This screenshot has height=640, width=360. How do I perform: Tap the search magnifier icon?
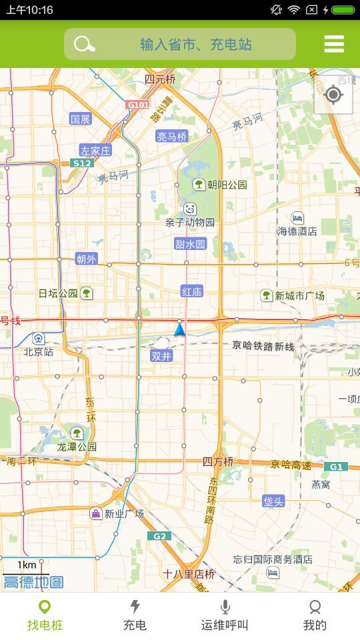84,45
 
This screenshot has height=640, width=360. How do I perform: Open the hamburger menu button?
334,44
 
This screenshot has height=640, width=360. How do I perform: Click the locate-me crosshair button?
333,95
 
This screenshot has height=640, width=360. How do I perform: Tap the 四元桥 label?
160,79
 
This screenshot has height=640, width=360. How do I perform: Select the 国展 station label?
80,119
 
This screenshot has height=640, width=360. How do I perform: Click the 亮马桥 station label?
172,137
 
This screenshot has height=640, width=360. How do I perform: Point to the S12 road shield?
83,163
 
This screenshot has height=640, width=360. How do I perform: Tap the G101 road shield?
138,105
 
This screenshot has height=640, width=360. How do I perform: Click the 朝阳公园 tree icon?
199,184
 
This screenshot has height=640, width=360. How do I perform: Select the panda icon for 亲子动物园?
190,209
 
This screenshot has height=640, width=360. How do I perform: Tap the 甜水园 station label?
191,244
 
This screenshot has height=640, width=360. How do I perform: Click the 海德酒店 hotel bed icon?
297,217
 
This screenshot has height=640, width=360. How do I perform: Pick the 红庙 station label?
192,291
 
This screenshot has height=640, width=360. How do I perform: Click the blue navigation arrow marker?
179,329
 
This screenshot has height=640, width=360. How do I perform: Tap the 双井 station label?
161,356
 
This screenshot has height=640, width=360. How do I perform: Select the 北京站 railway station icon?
39,338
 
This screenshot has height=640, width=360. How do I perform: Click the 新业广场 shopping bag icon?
96,513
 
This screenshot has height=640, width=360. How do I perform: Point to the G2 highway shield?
159,536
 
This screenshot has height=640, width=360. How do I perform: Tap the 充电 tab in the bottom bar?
135,615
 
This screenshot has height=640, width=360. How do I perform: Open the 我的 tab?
315,615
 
